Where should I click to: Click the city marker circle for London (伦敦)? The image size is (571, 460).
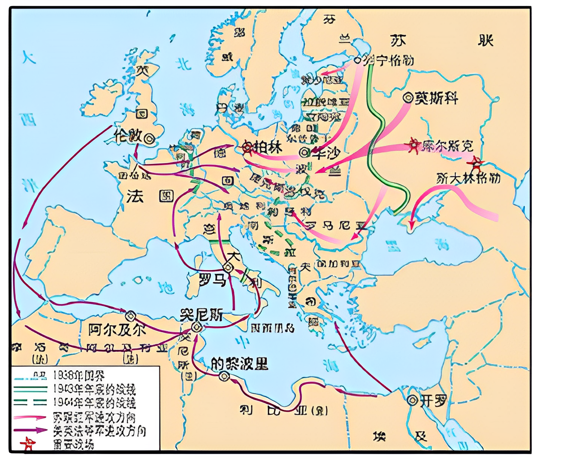(149, 139)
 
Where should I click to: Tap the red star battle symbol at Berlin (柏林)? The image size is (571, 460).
(247, 147)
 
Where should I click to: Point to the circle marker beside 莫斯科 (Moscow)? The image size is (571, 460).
(408, 98)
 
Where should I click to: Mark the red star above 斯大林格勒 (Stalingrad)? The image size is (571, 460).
(476, 163)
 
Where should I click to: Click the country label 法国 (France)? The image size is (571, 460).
(150, 196)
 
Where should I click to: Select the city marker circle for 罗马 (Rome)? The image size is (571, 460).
(228, 267)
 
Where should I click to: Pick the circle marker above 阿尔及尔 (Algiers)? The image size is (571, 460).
(130, 316)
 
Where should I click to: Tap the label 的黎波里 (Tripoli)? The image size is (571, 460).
(240, 363)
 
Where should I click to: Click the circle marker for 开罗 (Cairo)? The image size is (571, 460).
(412, 401)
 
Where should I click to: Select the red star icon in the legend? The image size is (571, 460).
(28, 444)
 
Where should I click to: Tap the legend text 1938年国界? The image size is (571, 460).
(78, 375)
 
